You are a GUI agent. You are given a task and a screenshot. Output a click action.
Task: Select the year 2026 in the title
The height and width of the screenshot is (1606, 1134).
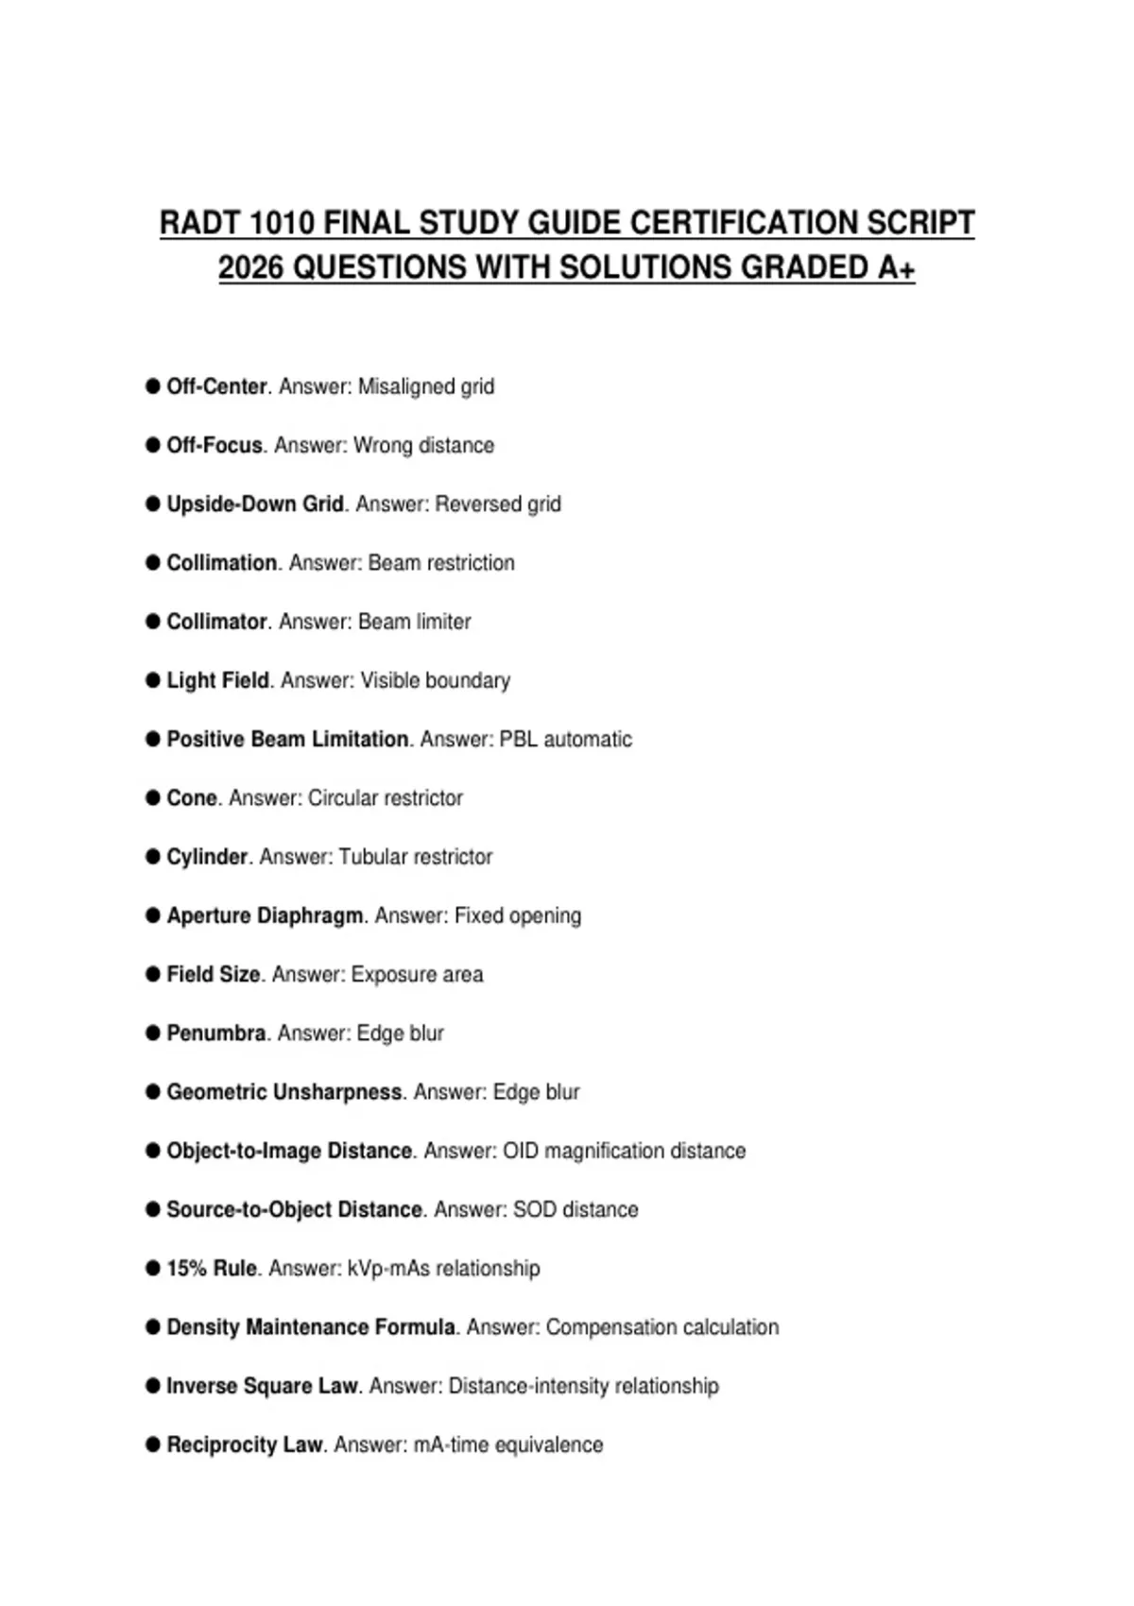tap(250, 267)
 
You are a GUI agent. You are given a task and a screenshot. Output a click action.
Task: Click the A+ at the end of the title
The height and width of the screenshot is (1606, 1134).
tap(896, 267)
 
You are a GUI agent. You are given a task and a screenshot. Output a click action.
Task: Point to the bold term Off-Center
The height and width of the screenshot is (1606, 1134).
tap(216, 386)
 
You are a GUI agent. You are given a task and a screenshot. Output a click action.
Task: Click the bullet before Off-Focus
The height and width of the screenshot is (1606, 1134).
tap(153, 445)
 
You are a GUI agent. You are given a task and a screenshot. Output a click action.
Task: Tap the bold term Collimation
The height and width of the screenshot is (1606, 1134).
tap(221, 563)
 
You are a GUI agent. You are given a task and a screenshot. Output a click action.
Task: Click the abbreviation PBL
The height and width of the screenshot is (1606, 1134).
tap(518, 739)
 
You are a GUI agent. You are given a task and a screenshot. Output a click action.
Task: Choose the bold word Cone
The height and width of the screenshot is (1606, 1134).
tap(192, 798)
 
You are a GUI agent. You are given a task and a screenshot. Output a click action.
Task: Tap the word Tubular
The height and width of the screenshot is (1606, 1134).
tap(377, 857)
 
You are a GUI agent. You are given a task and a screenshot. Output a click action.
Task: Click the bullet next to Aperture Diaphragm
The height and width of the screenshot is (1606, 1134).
tap(153, 915)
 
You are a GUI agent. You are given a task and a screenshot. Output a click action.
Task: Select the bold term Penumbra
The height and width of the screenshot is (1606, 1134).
tap(216, 1034)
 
